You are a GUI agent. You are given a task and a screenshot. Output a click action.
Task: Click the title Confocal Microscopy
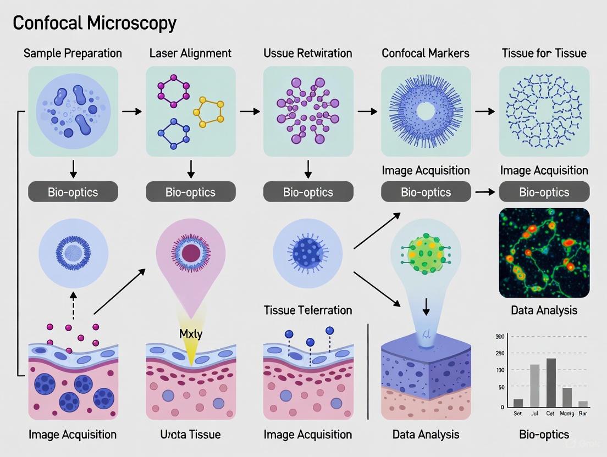pos(95,23)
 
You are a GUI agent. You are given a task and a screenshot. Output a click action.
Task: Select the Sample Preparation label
pos(73,53)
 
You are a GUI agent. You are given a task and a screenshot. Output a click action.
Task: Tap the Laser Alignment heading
pos(190,53)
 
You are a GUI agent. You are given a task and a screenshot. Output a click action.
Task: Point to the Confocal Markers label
pos(426,53)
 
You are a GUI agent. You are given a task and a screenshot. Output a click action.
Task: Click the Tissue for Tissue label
pos(544,53)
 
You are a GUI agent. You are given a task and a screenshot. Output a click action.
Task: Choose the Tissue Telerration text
pos(308,310)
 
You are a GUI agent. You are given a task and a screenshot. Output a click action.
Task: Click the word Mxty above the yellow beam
pos(191,333)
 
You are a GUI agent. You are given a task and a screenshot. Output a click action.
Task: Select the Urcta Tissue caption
pos(190,434)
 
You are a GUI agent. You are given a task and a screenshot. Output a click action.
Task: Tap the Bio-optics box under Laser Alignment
pos(190,192)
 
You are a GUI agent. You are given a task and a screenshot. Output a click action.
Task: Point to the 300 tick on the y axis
pos(499,336)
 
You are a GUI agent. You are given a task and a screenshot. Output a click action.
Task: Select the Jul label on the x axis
pos(533,413)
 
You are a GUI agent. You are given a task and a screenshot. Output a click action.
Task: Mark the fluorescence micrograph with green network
pos(544,253)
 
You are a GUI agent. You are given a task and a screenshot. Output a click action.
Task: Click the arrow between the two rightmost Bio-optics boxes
pos(484,192)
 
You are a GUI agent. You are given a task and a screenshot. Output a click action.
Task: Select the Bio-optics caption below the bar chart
pos(544,434)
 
